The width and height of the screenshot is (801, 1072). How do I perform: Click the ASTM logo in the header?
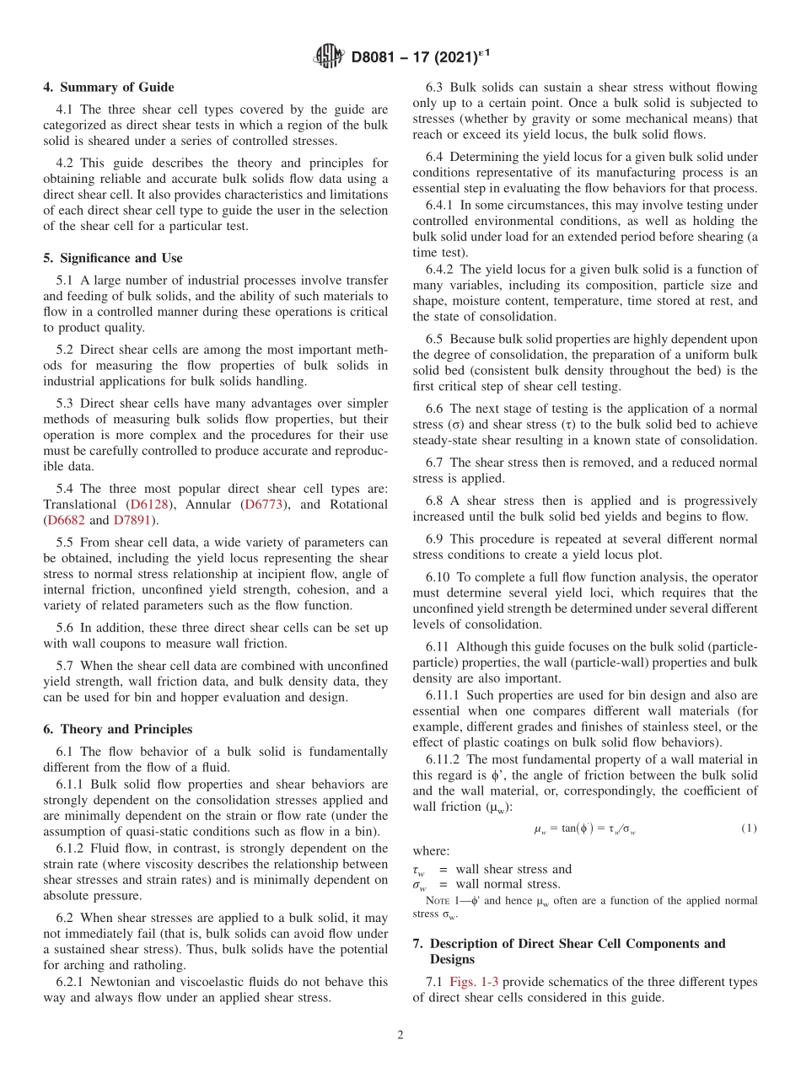(328, 56)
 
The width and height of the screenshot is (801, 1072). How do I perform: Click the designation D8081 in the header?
(376, 57)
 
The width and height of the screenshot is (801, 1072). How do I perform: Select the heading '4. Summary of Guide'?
(109, 87)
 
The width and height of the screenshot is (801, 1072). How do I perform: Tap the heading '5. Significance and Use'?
(113, 258)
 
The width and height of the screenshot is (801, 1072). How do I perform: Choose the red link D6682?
(67, 520)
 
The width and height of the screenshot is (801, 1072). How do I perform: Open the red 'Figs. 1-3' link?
(474, 982)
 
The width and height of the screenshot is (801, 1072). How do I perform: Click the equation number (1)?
(749, 828)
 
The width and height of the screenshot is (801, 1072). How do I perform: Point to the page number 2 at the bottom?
(400, 1035)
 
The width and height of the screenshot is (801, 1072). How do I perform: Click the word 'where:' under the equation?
(431, 851)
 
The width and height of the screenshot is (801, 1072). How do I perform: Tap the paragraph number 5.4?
(65, 488)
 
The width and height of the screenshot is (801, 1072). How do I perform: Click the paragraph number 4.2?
(65, 163)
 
